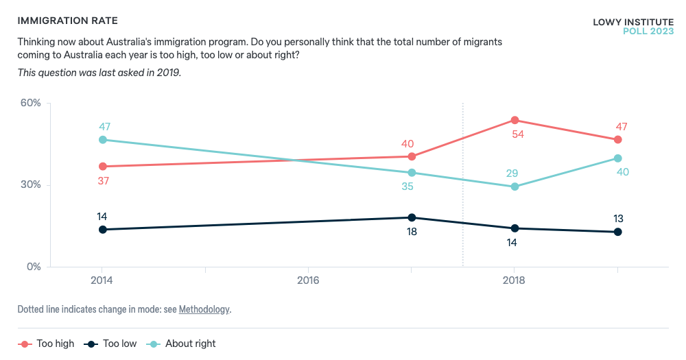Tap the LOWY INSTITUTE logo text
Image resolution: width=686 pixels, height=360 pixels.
[x=632, y=22]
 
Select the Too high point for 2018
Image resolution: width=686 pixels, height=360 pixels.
[x=514, y=120]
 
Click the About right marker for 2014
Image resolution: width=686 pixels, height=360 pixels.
[x=103, y=139]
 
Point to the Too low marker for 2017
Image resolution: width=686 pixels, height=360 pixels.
[x=412, y=217]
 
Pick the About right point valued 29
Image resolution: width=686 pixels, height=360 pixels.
[x=514, y=187]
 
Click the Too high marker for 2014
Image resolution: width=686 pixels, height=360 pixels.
[x=103, y=166]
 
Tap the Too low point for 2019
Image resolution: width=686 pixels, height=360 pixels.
[x=617, y=232]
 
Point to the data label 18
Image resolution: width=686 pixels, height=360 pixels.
[x=412, y=232]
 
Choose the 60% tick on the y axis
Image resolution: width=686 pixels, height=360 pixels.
[x=29, y=103]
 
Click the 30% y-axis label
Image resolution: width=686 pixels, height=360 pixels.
[x=29, y=184]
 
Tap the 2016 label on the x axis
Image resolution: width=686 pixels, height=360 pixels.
[x=308, y=281]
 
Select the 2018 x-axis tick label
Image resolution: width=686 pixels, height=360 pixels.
[x=514, y=281]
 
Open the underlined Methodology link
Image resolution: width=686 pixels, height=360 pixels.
[x=204, y=309]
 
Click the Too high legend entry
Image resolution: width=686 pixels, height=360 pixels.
[x=46, y=344]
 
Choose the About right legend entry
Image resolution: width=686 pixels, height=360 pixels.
[x=182, y=344]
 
